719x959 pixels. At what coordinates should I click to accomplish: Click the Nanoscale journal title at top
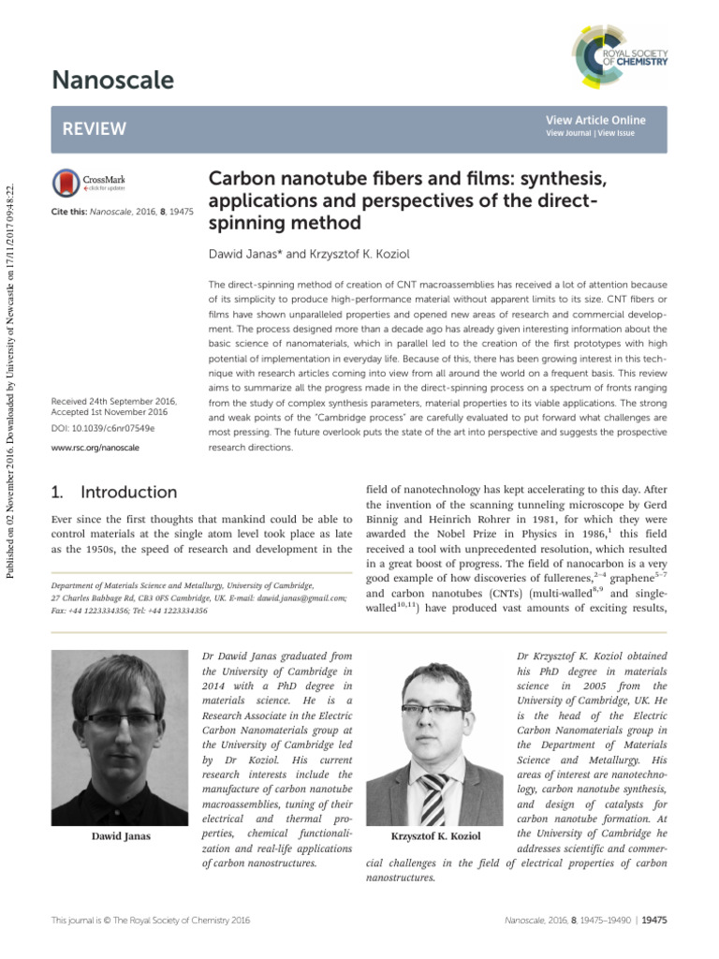[111, 81]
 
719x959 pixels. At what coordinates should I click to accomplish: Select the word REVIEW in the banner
[94, 128]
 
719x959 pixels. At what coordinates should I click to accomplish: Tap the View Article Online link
[595, 120]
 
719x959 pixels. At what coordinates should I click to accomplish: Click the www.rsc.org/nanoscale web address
[95, 448]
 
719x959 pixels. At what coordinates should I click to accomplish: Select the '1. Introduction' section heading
[111, 492]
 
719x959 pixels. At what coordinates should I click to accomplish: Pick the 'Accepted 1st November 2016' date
[110, 412]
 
